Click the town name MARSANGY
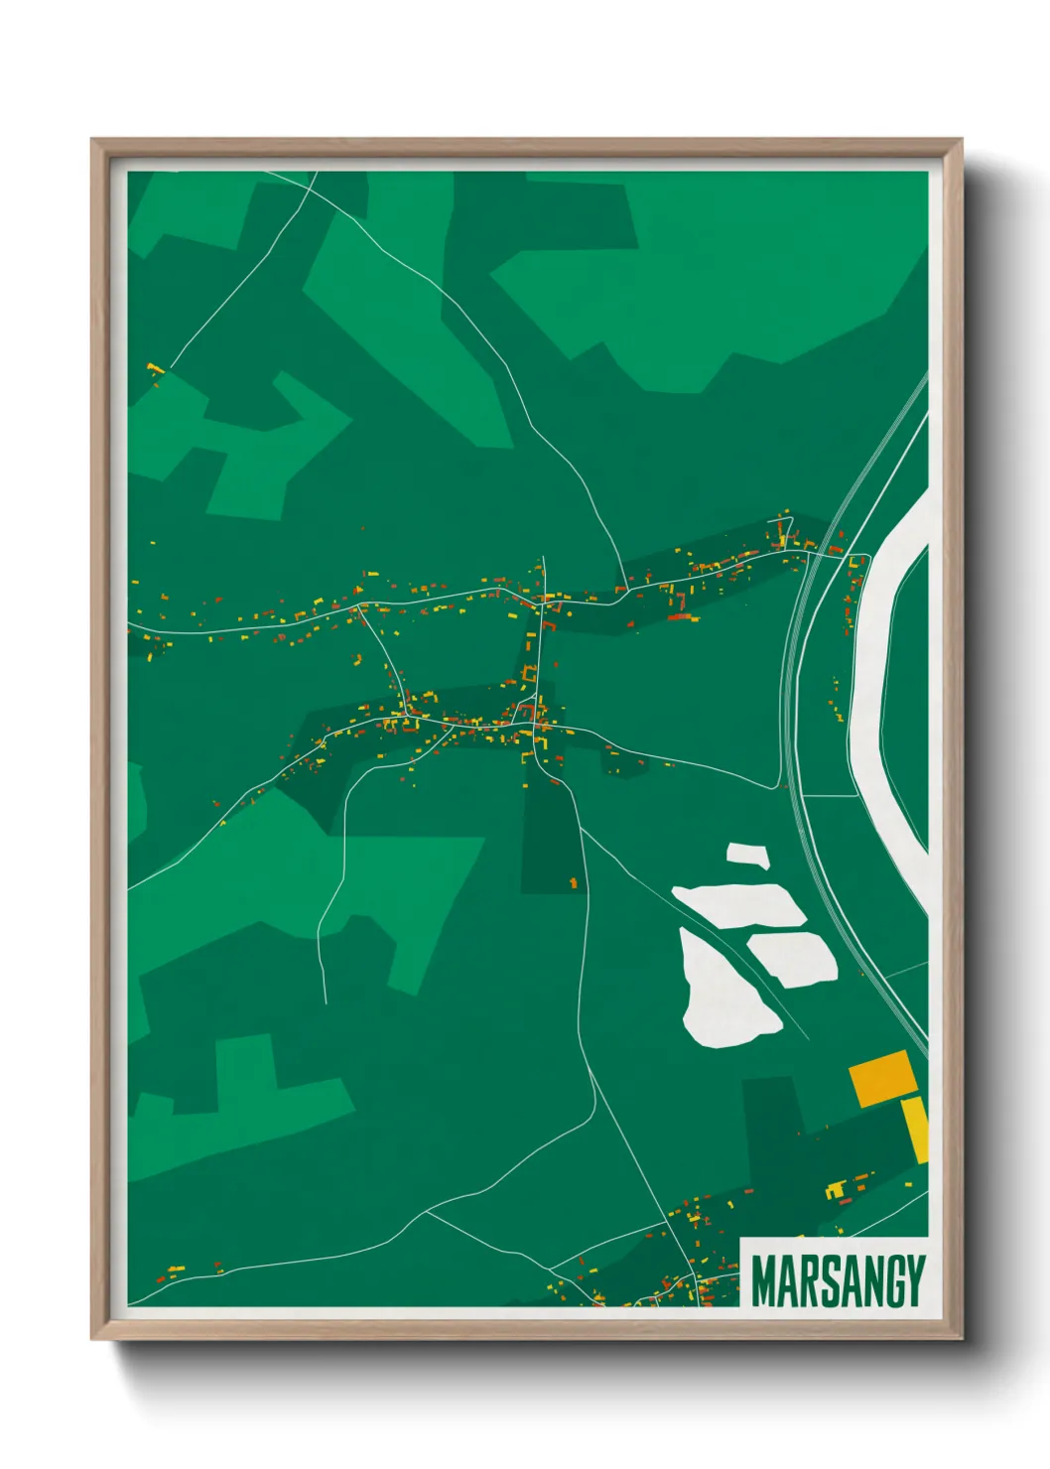click(838, 1281)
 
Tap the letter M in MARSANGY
click(765, 1281)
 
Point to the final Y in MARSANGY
click(914, 1281)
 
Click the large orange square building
click(882, 1077)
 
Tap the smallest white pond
click(747, 856)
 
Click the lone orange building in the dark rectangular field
click(573, 881)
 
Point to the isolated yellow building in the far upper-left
click(154, 369)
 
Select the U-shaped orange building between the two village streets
click(530, 675)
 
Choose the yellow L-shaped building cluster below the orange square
click(838, 1188)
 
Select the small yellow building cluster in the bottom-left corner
click(175, 1269)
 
